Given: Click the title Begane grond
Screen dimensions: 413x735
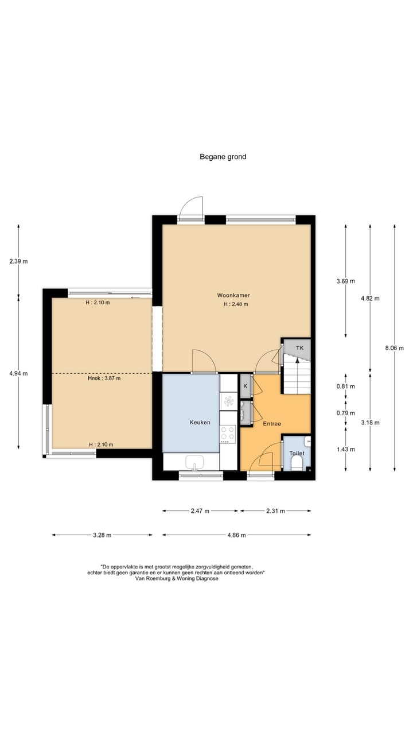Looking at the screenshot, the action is pyautogui.click(x=223, y=157).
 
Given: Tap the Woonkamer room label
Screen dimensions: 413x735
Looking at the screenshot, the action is pyautogui.click(x=233, y=295).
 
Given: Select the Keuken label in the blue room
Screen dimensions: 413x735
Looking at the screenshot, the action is pyautogui.click(x=200, y=422).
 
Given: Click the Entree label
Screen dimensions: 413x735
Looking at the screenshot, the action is pyautogui.click(x=272, y=424).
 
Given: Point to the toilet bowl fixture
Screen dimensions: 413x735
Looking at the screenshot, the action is pyautogui.click(x=297, y=464).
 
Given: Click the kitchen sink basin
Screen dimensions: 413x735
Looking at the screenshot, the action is pyautogui.click(x=194, y=463).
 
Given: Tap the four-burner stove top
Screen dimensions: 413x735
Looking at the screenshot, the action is pyautogui.click(x=228, y=433).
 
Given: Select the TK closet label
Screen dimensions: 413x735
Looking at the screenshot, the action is pyautogui.click(x=299, y=348).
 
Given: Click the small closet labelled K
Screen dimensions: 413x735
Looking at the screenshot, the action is pyautogui.click(x=246, y=386).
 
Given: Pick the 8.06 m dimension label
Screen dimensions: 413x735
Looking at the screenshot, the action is pyautogui.click(x=394, y=348).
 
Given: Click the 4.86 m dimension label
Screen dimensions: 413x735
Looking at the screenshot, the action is pyautogui.click(x=237, y=535).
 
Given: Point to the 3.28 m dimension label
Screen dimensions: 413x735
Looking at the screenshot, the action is pyautogui.click(x=102, y=535).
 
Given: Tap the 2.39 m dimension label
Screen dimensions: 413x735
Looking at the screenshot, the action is pyautogui.click(x=18, y=261).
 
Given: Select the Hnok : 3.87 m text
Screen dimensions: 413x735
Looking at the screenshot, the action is pyautogui.click(x=104, y=378).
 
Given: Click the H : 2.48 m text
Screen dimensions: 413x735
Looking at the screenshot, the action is pyautogui.click(x=236, y=304).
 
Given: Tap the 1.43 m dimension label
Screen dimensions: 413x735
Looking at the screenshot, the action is pyautogui.click(x=346, y=450).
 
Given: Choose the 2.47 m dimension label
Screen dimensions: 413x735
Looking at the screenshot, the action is pyautogui.click(x=200, y=511).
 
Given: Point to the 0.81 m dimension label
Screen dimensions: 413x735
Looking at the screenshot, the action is pyautogui.click(x=346, y=386).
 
